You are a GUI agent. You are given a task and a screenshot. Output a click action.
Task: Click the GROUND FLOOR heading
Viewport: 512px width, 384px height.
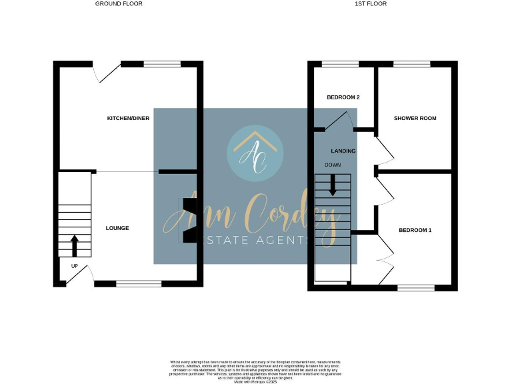point(119,4)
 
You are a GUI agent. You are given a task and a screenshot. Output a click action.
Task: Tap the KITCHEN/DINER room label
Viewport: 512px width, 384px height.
point(128,119)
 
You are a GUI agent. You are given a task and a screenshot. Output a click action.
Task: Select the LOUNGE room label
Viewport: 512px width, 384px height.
point(117,228)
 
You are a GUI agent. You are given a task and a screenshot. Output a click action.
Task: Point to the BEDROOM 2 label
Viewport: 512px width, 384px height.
point(343,97)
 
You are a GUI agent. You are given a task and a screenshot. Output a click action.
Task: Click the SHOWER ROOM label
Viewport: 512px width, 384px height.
point(415,119)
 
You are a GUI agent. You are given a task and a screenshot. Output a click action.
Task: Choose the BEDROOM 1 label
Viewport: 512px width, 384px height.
point(415,231)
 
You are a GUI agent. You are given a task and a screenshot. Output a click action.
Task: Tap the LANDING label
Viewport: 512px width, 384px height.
point(343,151)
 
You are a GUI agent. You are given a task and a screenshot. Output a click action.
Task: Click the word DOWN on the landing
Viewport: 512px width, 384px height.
point(333,165)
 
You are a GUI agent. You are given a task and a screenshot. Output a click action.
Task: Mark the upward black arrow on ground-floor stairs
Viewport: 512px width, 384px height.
point(74,245)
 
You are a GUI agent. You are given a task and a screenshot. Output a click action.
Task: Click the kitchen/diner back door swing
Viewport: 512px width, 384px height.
point(105,72)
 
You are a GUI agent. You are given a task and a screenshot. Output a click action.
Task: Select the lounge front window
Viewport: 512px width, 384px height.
point(139,284)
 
